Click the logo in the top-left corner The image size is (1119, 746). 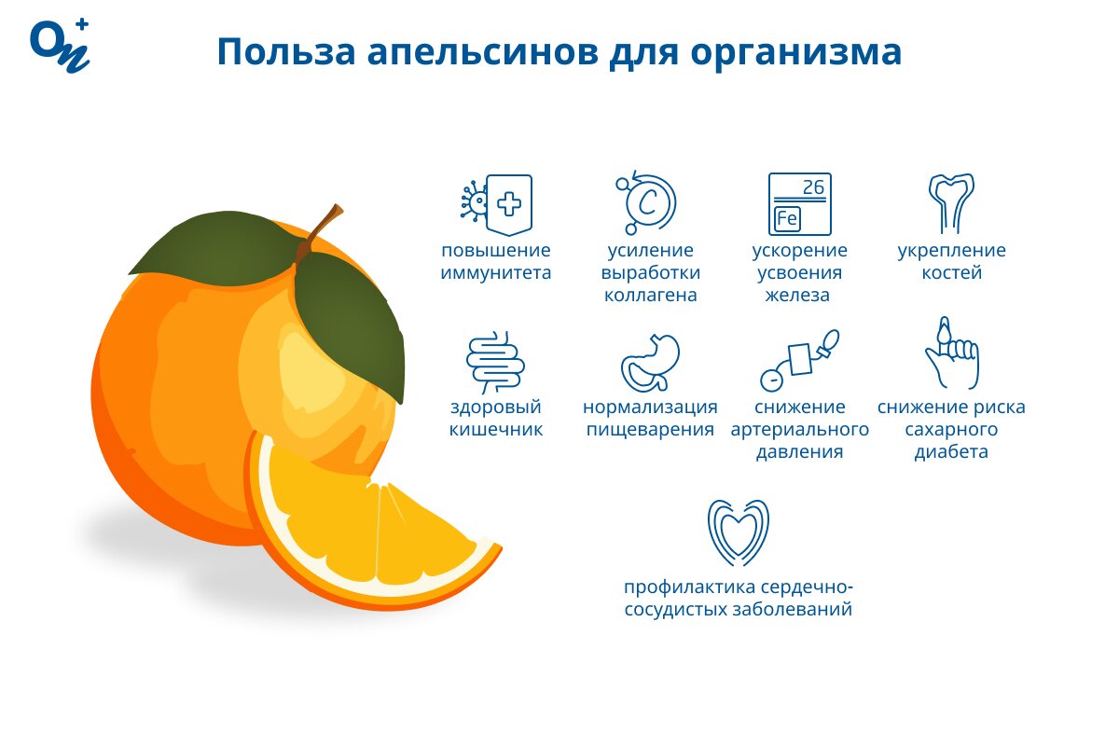pos(60,46)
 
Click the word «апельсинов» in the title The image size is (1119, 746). pos(483,52)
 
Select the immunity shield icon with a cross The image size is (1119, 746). pos(496,204)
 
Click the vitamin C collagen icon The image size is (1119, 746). pos(646,202)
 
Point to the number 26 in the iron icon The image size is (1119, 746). pos(813,187)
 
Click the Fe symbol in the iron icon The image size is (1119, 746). pos(787,219)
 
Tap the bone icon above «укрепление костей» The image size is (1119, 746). pos(951,203)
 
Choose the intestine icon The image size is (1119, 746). pos(495,362)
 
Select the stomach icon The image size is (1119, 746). pos(650,364)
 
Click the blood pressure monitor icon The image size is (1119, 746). pos(799,360)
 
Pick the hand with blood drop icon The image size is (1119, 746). pos(952,352)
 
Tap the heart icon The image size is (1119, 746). pos(738,532)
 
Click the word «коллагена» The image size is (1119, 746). pos(651,296)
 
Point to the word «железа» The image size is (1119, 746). pos(797,296)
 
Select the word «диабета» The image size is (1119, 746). pos(951,451)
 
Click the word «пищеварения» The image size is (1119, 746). pos(650,430)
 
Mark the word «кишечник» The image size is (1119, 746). pos(495,430)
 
